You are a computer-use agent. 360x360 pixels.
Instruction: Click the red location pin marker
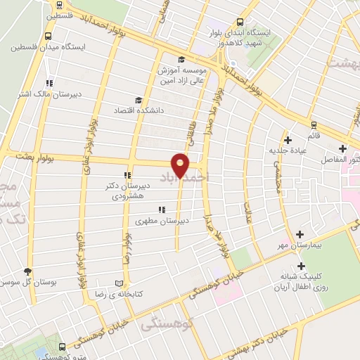181,165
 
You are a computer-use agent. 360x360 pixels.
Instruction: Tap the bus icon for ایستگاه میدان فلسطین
48,37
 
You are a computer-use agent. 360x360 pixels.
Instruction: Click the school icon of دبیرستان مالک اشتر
49,83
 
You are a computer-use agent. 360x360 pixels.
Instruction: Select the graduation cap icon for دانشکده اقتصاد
138,101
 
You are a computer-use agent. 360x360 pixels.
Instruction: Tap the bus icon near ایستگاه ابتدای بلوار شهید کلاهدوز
240,22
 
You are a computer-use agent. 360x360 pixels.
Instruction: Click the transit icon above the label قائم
313,124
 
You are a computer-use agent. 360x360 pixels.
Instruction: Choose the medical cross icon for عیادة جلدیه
288,140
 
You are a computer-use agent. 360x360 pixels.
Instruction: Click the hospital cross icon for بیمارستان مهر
300,233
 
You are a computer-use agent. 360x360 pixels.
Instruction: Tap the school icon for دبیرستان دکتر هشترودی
127,176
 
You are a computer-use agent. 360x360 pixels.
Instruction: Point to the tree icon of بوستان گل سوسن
27,271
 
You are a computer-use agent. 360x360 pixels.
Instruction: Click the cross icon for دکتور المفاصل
342,149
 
